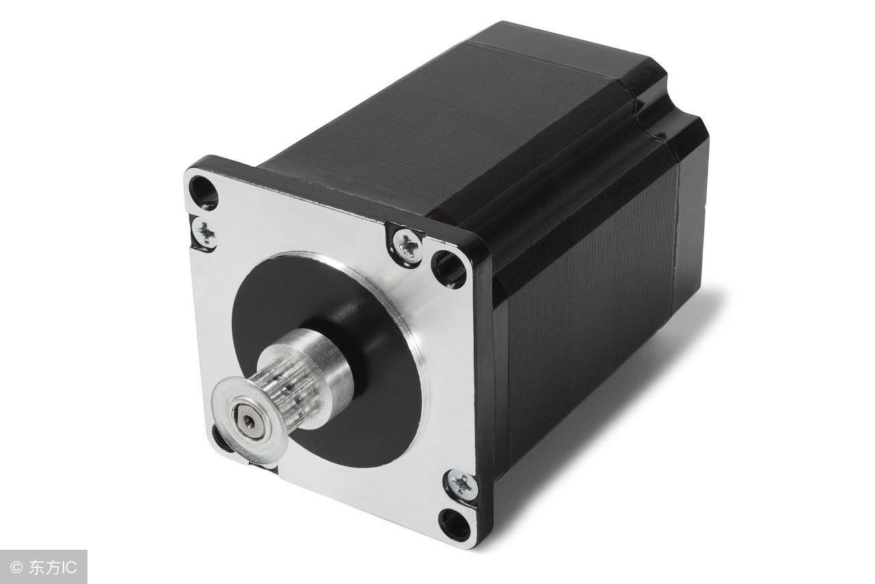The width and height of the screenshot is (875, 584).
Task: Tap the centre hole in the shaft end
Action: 248,422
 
